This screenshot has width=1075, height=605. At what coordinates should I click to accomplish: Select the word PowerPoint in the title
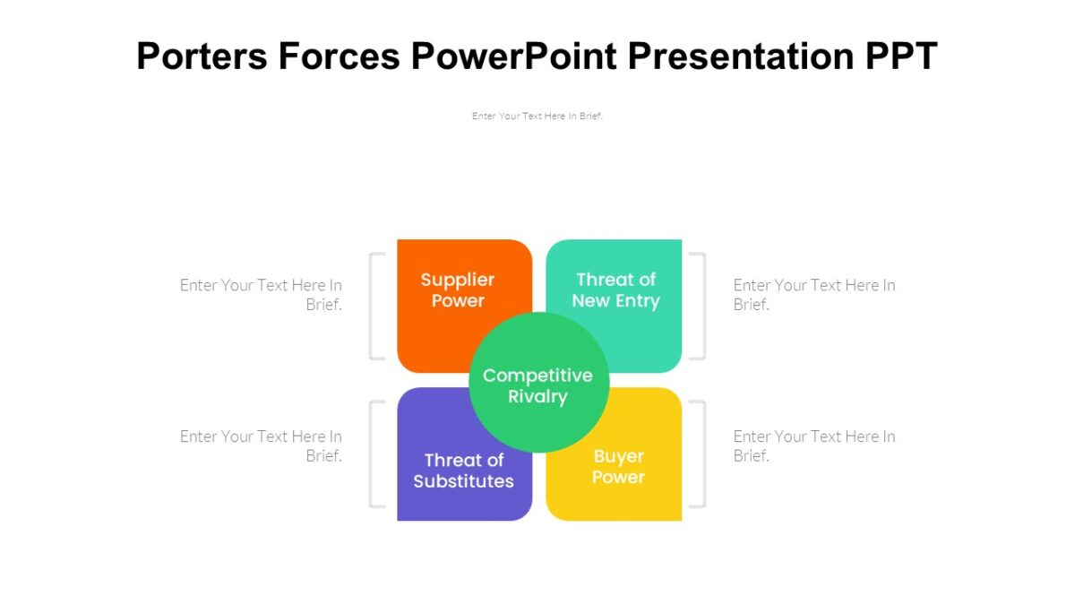(x=513, y=56)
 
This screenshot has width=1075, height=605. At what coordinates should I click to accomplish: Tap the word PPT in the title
(x=900, y=56)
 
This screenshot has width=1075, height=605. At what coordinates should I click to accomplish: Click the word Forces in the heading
(x=338, y=56)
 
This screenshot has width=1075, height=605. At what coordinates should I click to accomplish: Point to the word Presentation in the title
(x=740, y=56)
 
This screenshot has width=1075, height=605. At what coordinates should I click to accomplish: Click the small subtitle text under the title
(x=537, y=116)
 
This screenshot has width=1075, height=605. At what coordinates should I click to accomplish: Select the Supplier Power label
(x=458, y=290)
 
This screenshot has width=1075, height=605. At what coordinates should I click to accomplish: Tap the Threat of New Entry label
(x=615, y=290)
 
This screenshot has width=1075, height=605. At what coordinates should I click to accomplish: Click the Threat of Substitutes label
(x=463, y=471)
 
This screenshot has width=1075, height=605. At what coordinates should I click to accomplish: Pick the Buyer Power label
(x=618, y=467)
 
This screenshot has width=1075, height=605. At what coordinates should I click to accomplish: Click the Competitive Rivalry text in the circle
(x=537, y=385)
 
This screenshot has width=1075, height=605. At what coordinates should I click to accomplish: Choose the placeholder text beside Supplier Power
(x=262, y=294)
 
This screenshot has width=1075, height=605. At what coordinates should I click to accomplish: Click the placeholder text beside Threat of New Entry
(x=813, y=294)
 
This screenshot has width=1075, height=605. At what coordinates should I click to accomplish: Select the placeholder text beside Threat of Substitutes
(x=262, y=445)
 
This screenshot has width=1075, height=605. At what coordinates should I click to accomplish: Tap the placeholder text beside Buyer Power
(x=813, y=445)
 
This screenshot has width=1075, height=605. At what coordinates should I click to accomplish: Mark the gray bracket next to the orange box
(x=372, y=306)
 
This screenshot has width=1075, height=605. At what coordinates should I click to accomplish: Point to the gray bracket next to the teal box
(x=703, y=306)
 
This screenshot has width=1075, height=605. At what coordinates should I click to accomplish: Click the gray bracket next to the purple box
(x=372, y=454)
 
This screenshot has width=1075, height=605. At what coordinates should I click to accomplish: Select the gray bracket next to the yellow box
(x=703, y=454)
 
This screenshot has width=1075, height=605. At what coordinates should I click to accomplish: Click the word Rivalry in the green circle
(x=537, y=397)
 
